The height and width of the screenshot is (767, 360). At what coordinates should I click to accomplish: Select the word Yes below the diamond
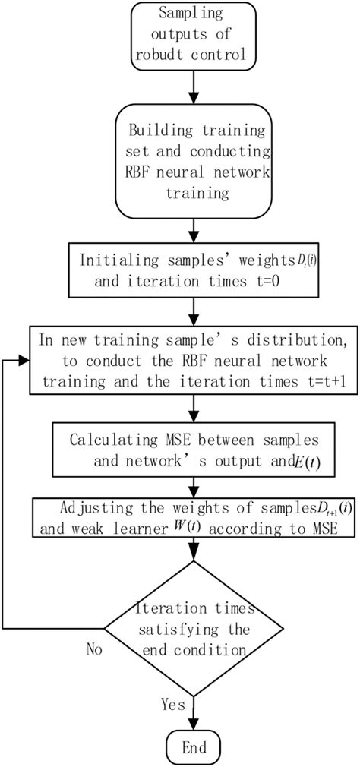click(173, 704)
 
